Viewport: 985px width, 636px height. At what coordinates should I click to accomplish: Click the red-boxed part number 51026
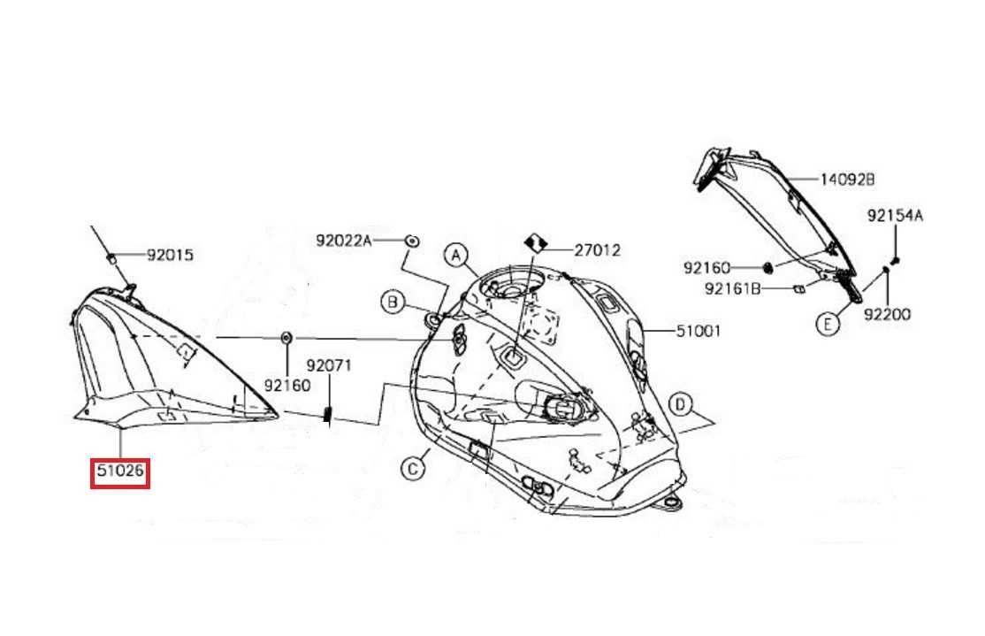click(x=121, y=471)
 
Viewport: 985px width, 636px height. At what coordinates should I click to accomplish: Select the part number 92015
click(x=170, y=256)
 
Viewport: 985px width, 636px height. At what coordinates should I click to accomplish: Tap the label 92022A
click(x=344, y=240)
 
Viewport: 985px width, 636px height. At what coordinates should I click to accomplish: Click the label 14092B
click(x=846, y=179)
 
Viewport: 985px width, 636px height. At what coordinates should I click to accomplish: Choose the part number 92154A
click(x=894, y=215)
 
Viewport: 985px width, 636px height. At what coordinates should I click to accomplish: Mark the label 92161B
click(x=733, y=287)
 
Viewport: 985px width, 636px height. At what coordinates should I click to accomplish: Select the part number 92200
click(x=887, y=314)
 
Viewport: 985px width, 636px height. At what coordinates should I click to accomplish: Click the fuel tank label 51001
click(x=698, y=332)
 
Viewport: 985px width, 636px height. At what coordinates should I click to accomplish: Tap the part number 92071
click(x=329, y=364)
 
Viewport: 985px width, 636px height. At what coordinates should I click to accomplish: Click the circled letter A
click(x=455, y=256)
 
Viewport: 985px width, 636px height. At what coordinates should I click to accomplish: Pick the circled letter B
click(x=393, y=303)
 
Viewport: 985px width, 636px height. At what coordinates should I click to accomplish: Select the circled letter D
click(x=679, y=405)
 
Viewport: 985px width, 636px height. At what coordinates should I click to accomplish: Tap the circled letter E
click(x=827, y=325)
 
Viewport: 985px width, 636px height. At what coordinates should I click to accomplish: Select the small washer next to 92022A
click(x=411, y=240)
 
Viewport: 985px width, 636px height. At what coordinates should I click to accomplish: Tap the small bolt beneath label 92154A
click(x=895, y=259)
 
